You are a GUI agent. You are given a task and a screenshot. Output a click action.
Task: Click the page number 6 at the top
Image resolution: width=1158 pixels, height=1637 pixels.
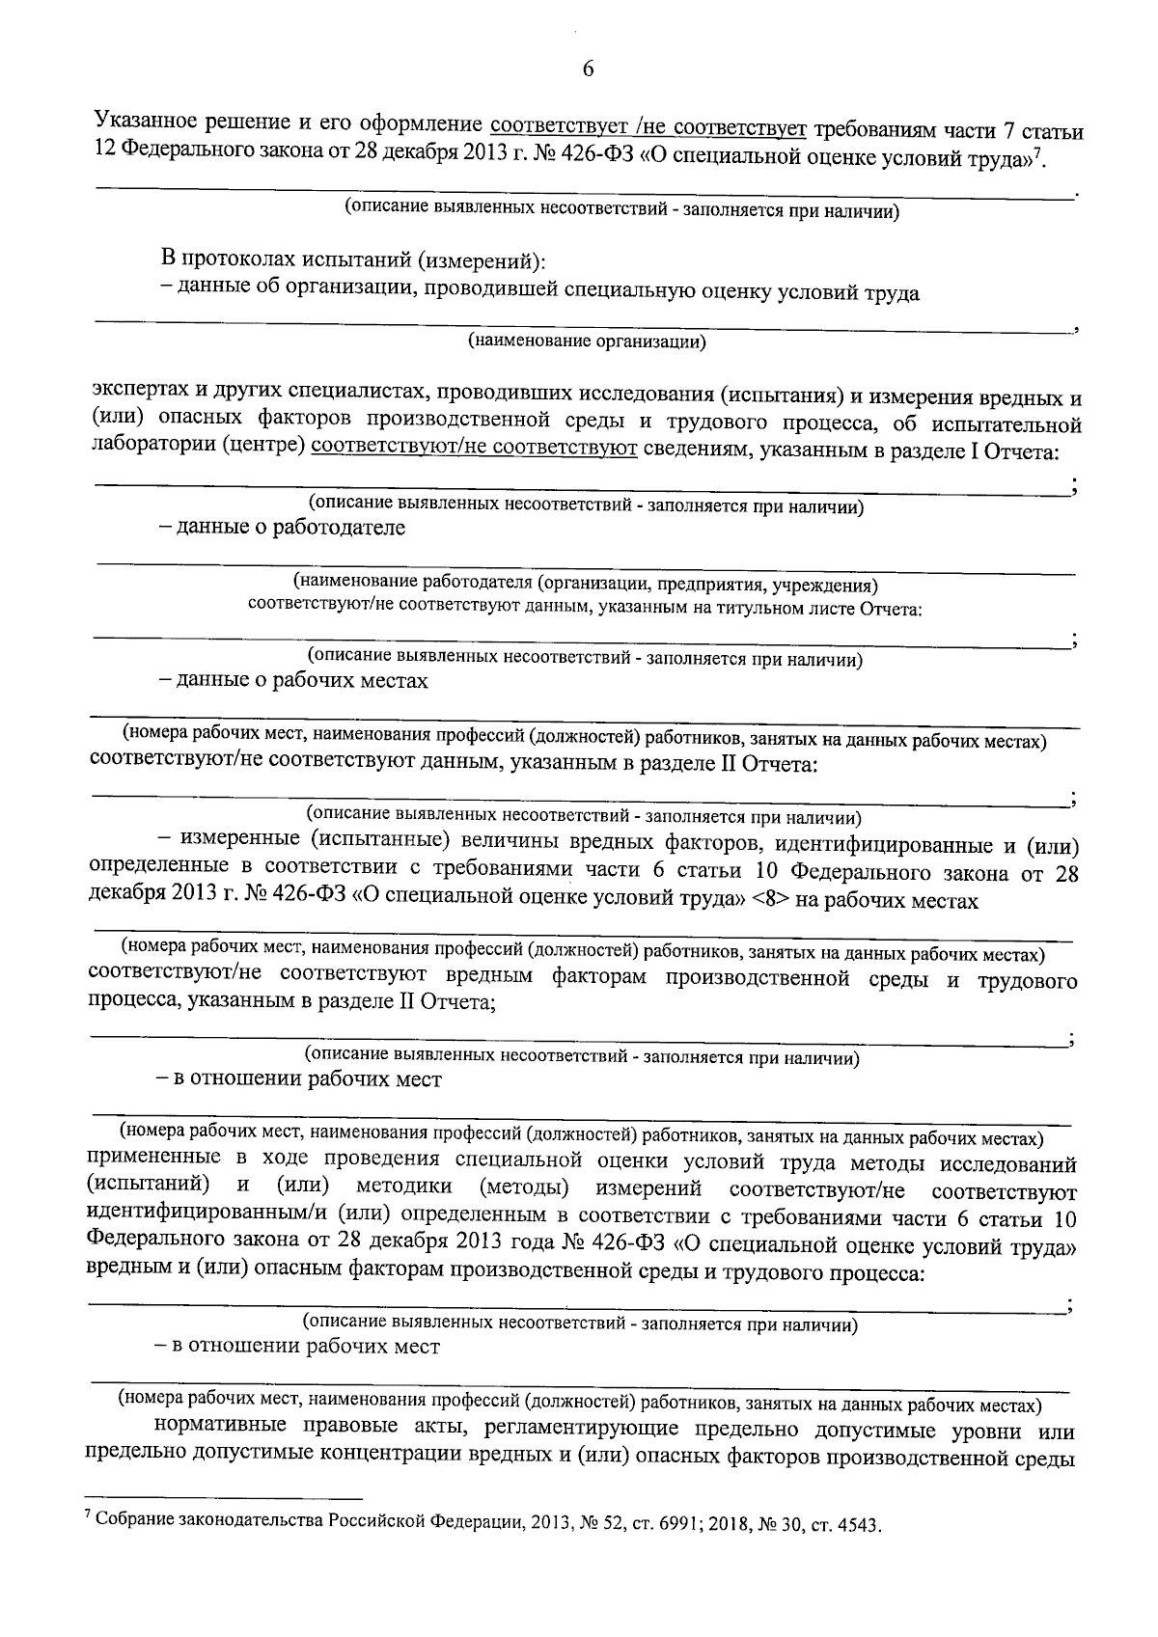[588, 68]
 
